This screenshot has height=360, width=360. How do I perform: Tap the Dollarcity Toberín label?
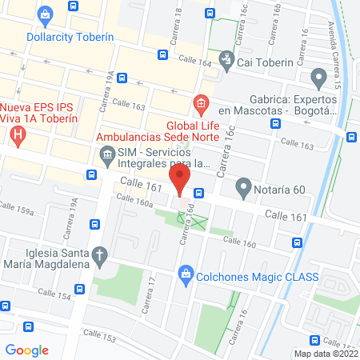coord(70,37)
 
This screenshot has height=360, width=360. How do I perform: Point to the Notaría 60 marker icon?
coord(243,190)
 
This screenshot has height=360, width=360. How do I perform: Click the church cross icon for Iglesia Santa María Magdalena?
coord(99,258)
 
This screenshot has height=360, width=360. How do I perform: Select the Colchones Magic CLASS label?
coord(257,277)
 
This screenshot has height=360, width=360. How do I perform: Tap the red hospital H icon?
coord(18,133)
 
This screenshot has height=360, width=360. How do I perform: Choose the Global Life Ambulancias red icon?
coord(199,104)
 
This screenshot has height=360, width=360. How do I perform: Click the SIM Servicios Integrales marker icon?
coord(106,153)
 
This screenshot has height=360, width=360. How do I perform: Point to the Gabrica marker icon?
coord(319,79)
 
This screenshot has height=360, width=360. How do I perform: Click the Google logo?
coord(26,350)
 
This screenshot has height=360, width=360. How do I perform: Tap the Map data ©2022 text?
coord(326,353)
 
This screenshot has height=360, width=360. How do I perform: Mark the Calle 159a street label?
coord(17,211)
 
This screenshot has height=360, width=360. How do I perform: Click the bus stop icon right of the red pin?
coord(198,193)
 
